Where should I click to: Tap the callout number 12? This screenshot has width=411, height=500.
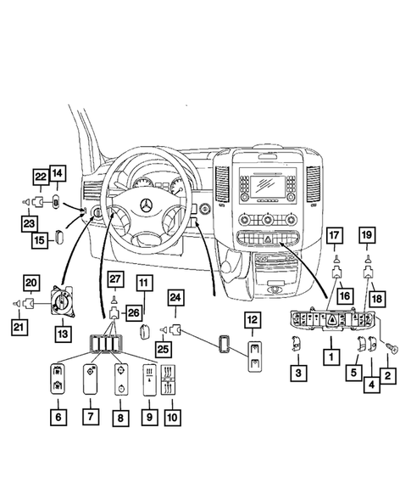tap(254, 319)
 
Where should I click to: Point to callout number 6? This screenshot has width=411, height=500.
tap(57, 417)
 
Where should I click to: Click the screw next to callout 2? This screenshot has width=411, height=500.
tap(392, 347)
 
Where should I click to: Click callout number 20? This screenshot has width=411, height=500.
tap(31, 282)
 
